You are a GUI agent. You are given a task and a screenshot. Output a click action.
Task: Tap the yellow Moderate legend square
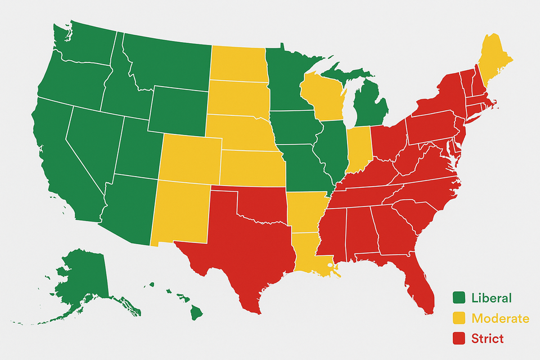point(460,318)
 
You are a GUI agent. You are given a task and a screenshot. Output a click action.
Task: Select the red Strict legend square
point(460,338)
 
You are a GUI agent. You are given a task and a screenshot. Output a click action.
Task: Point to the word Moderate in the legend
point(500,318)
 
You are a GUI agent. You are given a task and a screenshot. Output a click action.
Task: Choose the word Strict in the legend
point(487,338)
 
